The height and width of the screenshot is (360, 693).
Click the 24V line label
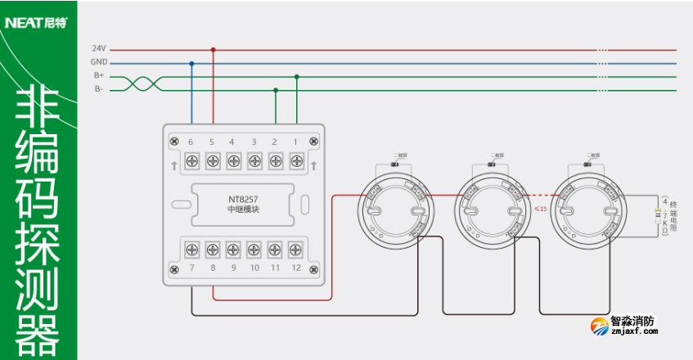coord(98,49)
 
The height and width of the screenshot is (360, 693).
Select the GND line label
coord(98,63)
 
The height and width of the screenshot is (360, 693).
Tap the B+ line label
coord(98,76)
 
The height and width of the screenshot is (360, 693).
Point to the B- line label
coord(98,89)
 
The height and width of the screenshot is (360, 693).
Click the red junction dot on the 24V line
coord(213,49)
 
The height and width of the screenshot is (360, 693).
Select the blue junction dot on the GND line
coord(191,63)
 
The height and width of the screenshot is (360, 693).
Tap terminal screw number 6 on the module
coord(191,161)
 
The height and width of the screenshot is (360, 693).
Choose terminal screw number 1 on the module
coord(296,161)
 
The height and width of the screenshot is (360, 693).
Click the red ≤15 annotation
coord(540,209)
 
